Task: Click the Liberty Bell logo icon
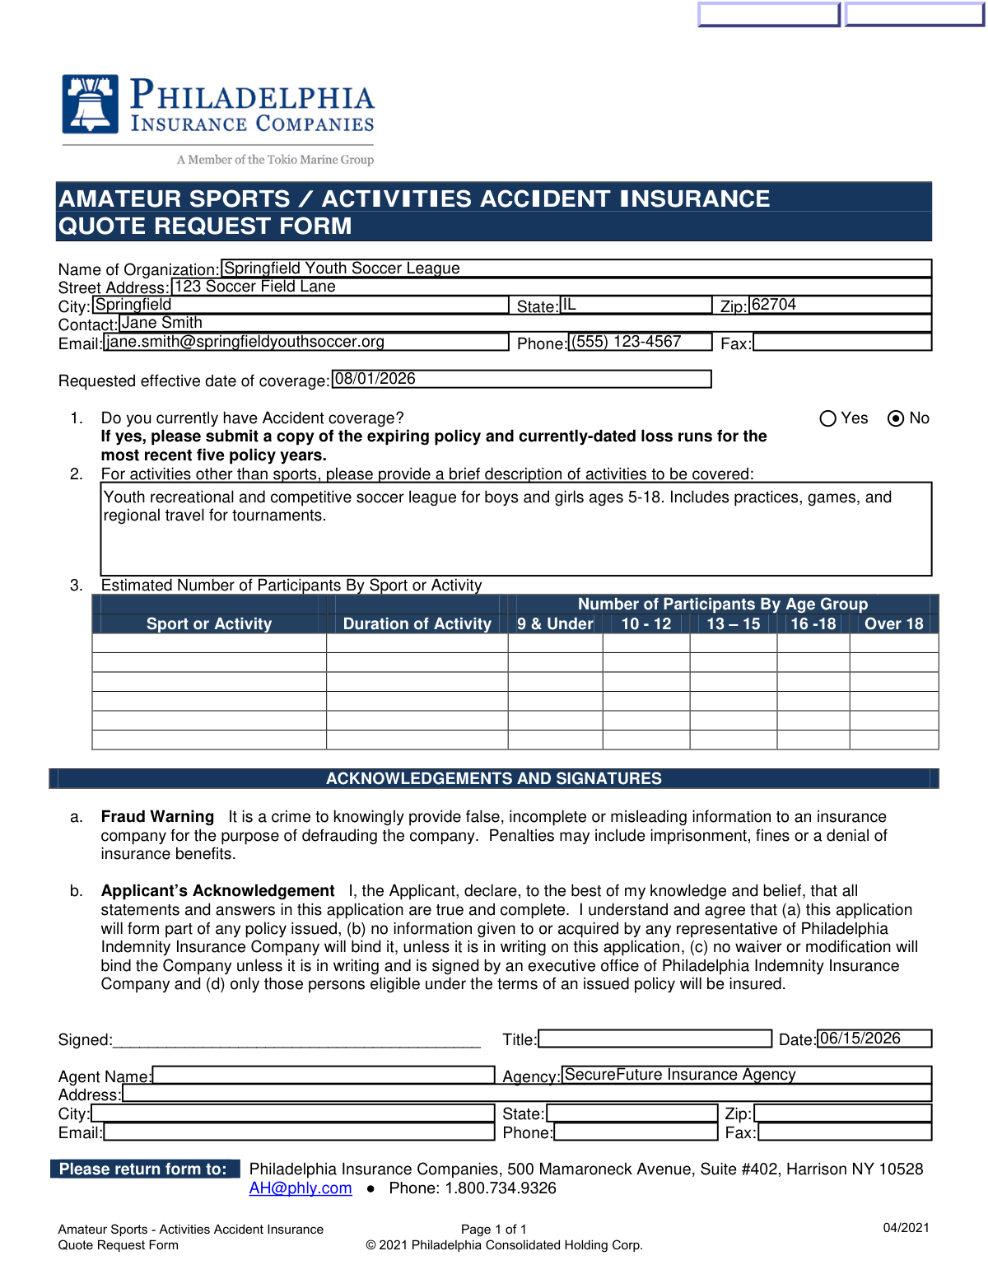pos(91,104)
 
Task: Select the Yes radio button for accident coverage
pos(828,418)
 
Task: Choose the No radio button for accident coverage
pos(896,418)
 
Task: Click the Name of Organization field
pos(576,268)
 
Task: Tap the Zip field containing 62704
pos(840,305)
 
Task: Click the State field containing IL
pos(636,305)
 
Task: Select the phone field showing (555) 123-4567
pos(640,342)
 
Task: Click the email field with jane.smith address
pos(306,342)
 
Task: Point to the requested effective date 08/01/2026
pos(521,379)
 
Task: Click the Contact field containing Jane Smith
pos(524,323)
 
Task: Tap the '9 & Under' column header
pos(555,623)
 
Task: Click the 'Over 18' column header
pos(893,623)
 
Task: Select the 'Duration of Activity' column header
pos(417,623)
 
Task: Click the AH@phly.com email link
pos(301,1188)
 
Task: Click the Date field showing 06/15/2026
pos(874,1039)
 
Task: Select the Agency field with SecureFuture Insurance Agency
pos(746,1075)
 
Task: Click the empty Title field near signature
pos(655,1039)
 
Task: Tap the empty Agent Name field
pos(324,1075)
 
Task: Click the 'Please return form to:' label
pos(143,1169)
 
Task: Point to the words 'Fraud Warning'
pos(157,817)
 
